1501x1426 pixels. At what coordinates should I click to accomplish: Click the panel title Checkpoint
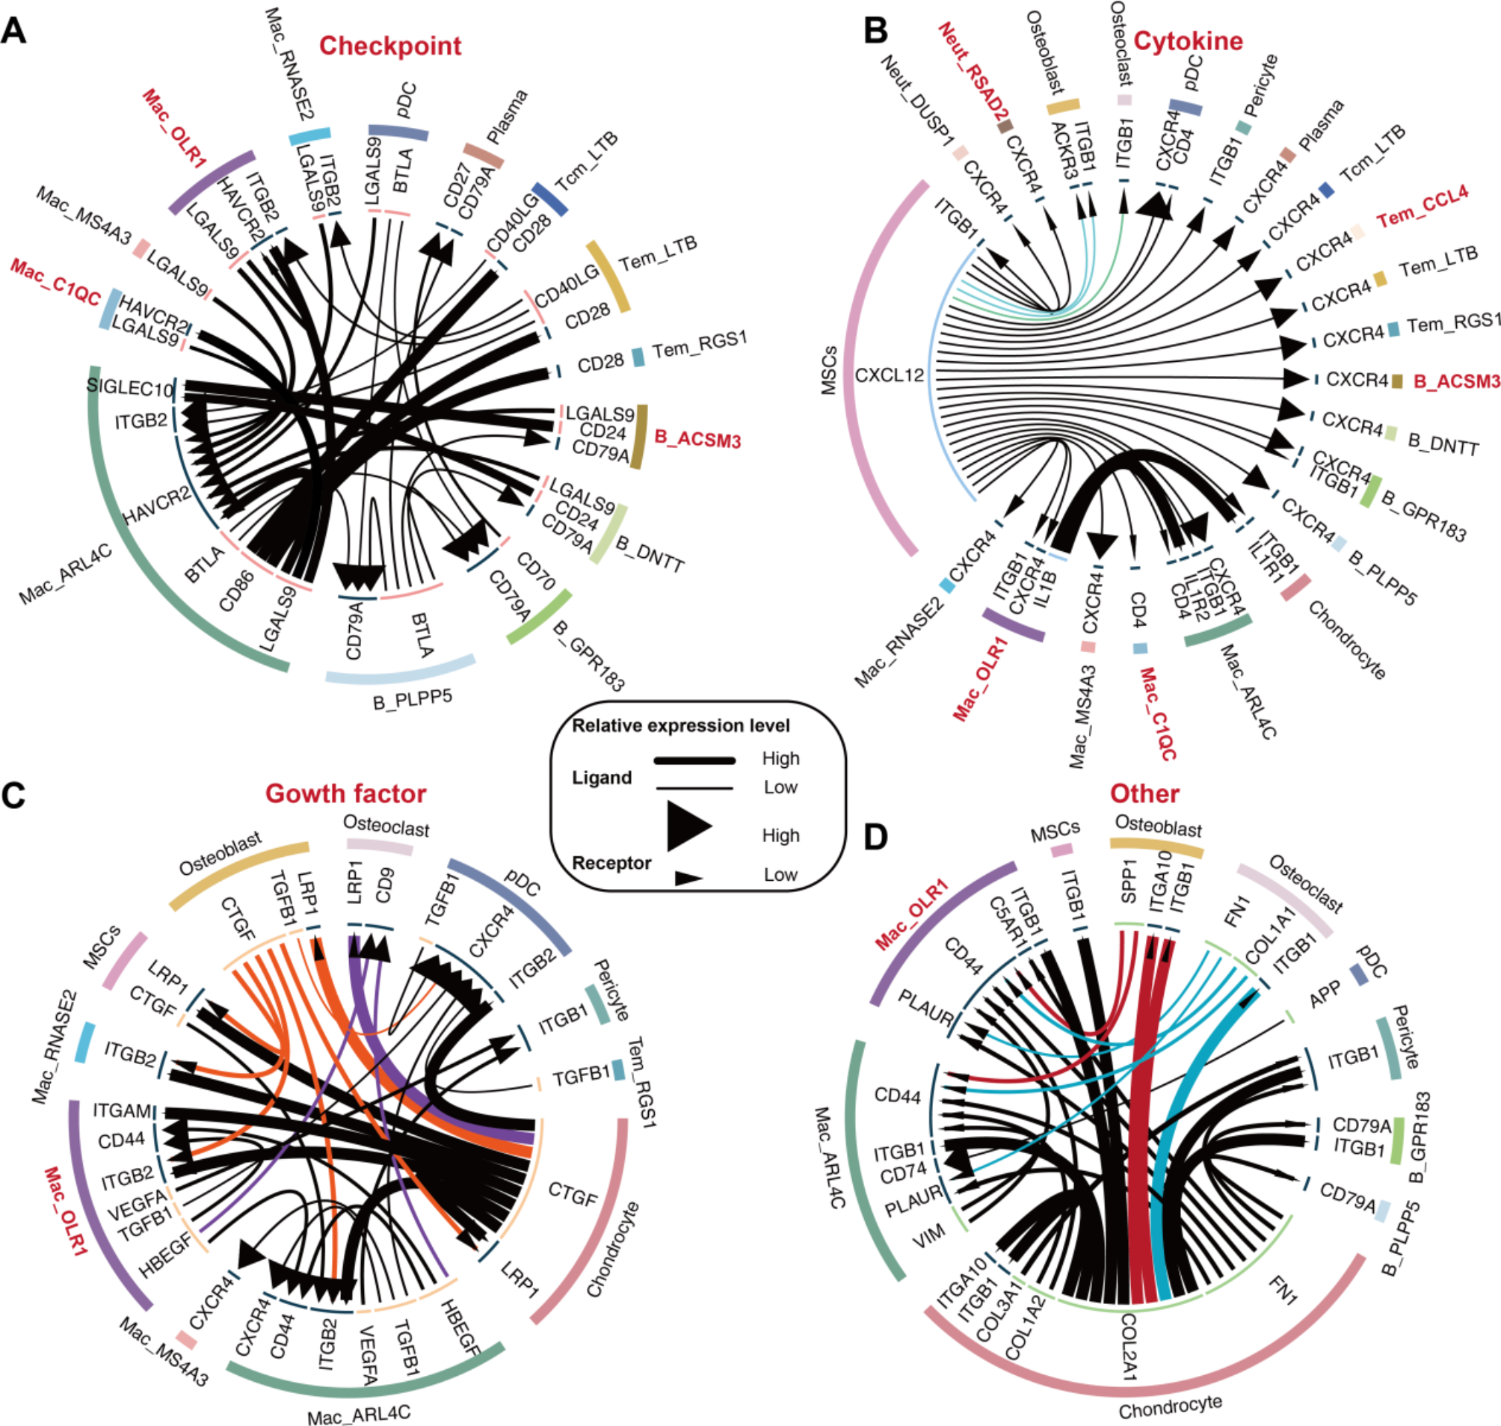[x=390, y=46]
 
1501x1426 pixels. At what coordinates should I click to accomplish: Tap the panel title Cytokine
[x=1188, y=40]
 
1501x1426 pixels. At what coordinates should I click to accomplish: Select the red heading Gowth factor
[x=345, y=793]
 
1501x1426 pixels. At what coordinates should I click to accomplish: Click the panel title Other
[x=1144, y=793]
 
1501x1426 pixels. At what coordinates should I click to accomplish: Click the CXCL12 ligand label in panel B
[x=890, y=375]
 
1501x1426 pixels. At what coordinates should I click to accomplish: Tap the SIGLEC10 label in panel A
[x=129, y=387]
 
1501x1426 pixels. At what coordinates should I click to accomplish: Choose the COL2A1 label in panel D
[x=1128, y=1346]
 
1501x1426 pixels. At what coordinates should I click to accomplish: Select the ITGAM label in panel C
[x=122, y=1110]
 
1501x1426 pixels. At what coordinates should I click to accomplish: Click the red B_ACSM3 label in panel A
[x=697, y=440]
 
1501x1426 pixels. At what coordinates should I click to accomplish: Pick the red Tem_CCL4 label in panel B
[x=1422, y=206]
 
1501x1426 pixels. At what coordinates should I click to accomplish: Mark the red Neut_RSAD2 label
[x=971, y=71]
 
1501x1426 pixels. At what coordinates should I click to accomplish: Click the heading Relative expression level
[x=680, y=725]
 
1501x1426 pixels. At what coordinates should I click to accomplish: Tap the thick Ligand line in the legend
[x=694, y=760]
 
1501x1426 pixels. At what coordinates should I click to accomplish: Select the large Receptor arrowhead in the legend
[x=688, y=826]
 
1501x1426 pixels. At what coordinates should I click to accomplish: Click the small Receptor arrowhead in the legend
[x=688, y=878]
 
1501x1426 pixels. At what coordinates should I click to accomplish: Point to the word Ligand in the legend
[x=601, y=778]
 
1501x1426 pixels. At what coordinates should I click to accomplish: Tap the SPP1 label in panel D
[x=1128, y=882]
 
